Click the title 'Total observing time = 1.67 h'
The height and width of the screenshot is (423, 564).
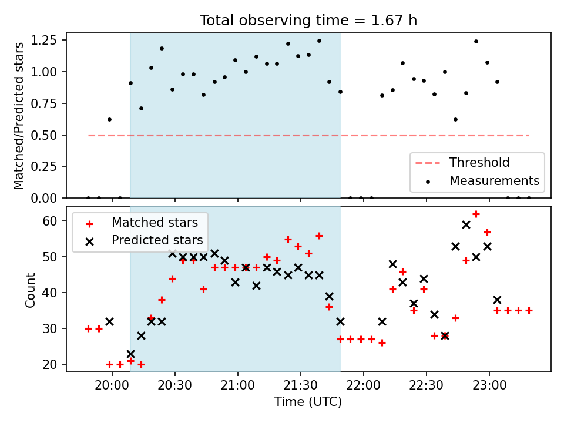tap(308, 20)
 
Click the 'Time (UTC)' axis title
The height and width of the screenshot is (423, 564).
tap(308, 402)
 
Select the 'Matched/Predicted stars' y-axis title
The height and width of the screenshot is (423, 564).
tap(19, 116)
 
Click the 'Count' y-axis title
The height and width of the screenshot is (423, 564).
tap(31, 290)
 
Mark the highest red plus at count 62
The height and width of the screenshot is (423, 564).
tap(476, 214)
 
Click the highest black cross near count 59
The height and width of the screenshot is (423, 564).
tap(466, 224)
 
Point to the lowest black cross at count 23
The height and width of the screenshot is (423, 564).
tap(130, 354)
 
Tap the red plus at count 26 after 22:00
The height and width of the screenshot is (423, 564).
tap(382, 343)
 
